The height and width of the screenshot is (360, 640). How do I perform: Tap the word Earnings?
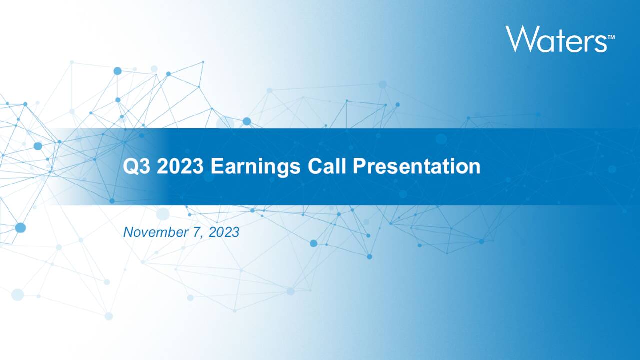tap(255, 167)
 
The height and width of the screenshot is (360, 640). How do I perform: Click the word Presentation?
tap(417, 166)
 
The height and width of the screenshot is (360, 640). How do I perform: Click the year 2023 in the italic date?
tap(224, 232)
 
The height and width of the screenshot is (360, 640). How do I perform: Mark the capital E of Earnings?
tap(216, 166)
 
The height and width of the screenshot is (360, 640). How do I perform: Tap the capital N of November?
tap(128, 232)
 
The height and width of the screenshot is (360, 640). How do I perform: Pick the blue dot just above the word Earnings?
tap(247, 121)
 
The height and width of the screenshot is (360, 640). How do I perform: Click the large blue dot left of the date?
tap(20, 228)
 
